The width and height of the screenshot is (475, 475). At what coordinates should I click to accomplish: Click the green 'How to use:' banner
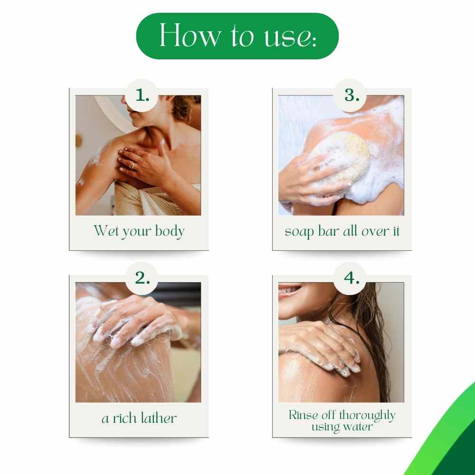click(237, 36)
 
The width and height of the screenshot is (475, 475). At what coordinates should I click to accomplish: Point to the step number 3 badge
click(351, 95)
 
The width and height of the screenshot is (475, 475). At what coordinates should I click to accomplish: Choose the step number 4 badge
click(351, 278)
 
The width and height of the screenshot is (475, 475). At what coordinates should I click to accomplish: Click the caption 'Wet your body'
click(139, 231)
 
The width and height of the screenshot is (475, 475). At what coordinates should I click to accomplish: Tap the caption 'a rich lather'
click(139, 418)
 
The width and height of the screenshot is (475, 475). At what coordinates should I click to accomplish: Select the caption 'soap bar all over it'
click(342, 231)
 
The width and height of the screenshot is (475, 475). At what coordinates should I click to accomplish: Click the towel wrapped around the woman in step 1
click(142, 199)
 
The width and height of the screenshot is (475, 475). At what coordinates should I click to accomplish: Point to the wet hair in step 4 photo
click(375, 332)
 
